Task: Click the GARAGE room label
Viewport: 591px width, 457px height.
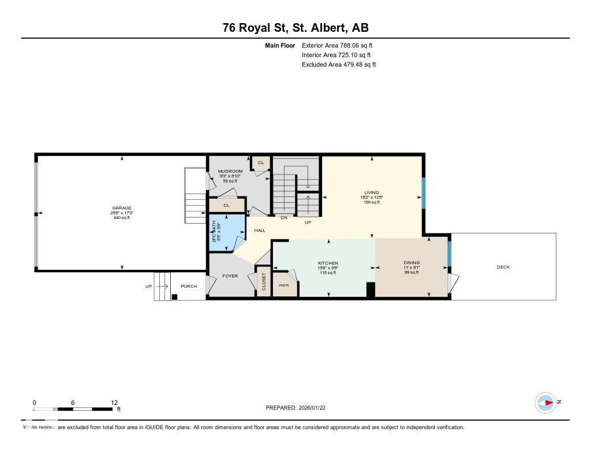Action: [122, 208]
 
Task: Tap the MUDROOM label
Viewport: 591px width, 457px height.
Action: [230, 172]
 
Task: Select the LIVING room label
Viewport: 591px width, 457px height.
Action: [371, 193]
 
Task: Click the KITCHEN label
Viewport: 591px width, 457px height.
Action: [327, 263]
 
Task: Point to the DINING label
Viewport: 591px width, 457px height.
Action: [412, 263]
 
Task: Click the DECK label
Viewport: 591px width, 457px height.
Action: [503, 267]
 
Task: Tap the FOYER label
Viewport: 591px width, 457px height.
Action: [230, 276]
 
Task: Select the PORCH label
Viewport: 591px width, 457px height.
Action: [189, 287]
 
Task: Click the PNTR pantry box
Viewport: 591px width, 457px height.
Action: [284, 286]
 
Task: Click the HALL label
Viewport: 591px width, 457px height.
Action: [260, 231]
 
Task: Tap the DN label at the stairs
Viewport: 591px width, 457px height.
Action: [284, 218]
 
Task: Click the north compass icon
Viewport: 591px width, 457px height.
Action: [545, 402]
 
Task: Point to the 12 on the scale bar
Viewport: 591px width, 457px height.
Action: [114, 403]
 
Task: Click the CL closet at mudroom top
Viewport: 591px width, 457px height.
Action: [261, 163]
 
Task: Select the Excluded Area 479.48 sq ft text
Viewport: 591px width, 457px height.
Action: [339, 65]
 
